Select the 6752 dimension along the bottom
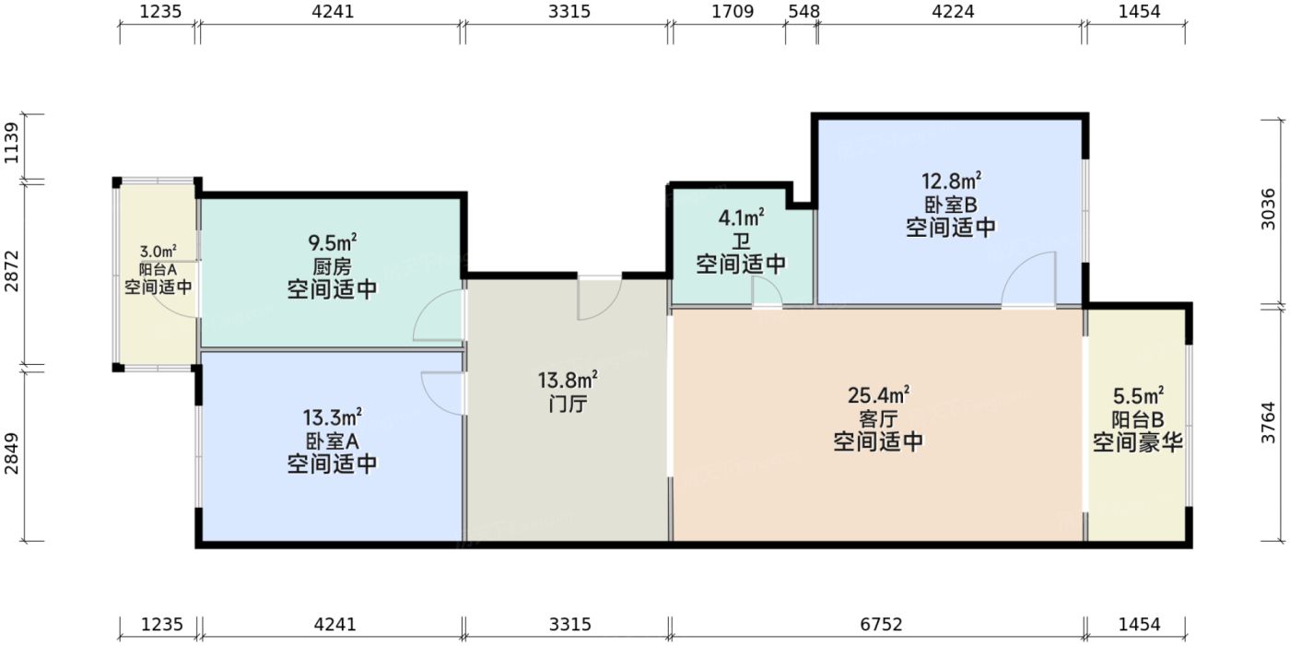(x=876, y=625)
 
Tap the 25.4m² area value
(x=878, y=396)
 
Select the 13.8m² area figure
(x=568, y=380)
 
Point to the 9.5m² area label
(x=333, y=244)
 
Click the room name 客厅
(x=878, y=419)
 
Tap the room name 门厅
(x=568, y=404)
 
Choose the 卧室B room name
(x=952, y=204)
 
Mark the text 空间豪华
(x=1138, y=443)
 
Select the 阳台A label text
(x=158, y=269)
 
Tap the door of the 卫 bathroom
(x=767, y=293)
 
